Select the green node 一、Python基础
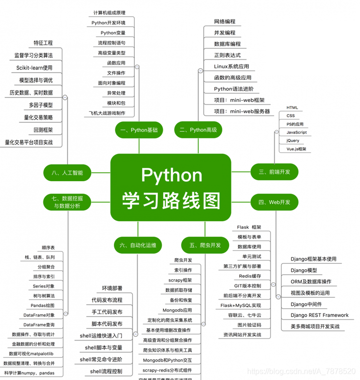(139, 129)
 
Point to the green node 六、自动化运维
(138, 245)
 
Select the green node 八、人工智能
(67, 173)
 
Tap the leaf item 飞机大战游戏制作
(108, 113)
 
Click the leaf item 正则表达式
(228, 55)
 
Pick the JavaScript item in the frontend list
(297, 132)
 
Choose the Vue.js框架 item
(296, 149)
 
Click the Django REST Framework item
(320, 315)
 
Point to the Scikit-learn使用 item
(35, 68)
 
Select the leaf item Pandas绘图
(43, 305)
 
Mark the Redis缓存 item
(250, 276)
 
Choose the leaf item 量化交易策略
(39, 117)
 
